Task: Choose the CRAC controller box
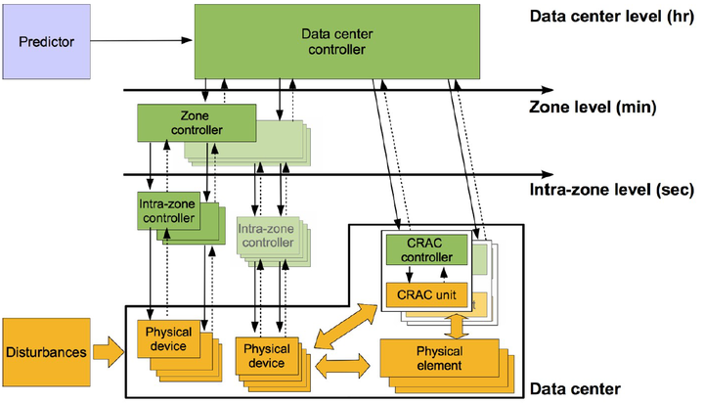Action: point(427,249)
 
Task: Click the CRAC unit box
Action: point(427,292)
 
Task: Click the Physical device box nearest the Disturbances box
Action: point(169,337)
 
